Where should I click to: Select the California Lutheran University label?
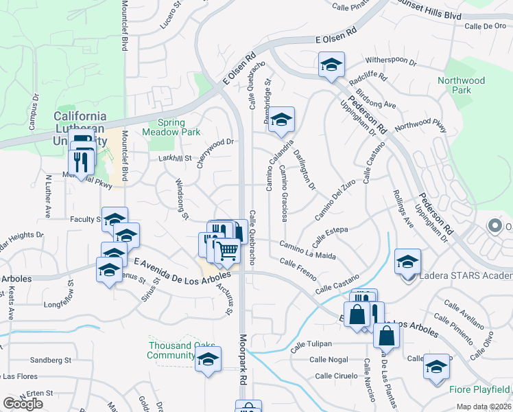(80, 128)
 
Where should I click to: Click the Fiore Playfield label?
(479, 389)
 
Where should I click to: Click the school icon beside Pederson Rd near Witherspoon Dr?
(331, 66)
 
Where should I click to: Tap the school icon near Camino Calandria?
(281, 119)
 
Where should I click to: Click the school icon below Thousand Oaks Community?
(208, 359)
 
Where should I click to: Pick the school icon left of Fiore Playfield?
(436, 366)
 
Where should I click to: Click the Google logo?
(23, 404)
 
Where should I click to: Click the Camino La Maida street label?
(307, 251)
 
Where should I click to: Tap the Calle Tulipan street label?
(311, 343)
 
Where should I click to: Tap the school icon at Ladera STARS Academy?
(407, 261)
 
